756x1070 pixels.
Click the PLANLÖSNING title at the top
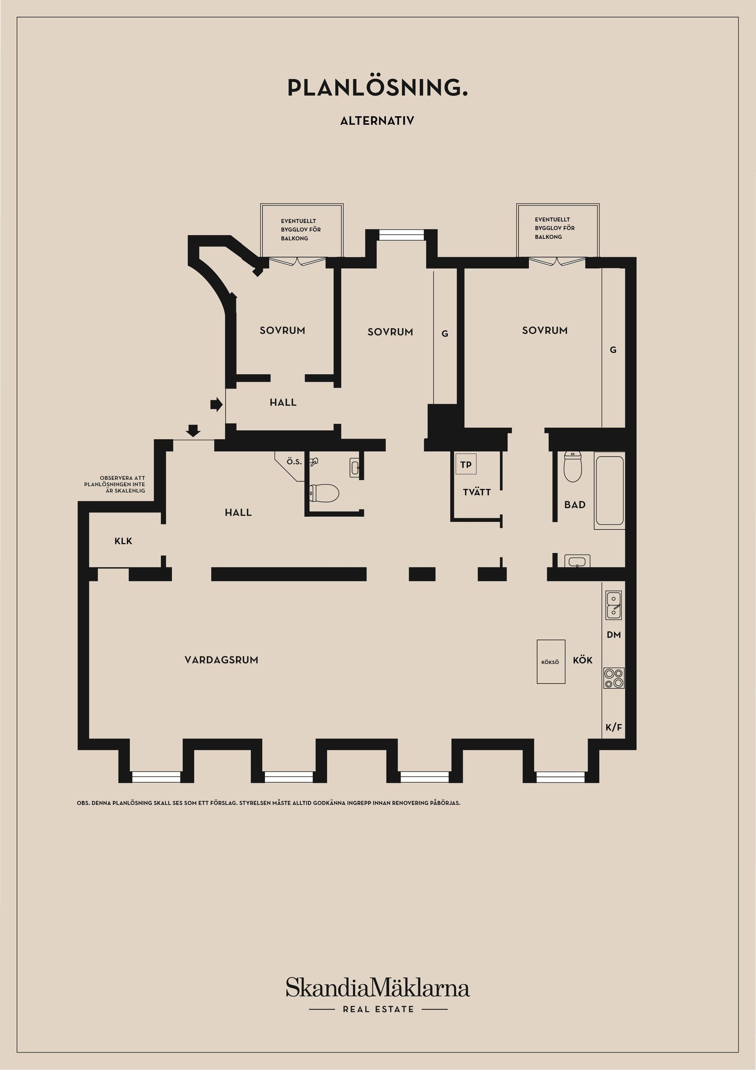[377, 87]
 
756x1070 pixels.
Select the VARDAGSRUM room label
[221, 660]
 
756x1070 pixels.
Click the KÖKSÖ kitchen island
[550, 662]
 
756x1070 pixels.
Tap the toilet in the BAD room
[573, 466]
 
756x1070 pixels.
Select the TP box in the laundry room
[466, 464]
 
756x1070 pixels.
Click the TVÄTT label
[476, 492]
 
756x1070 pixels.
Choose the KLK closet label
[123, 541]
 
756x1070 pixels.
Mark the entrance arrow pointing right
[217, 404]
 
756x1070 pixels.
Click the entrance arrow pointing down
[193, 431]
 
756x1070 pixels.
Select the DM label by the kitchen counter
[614, 635]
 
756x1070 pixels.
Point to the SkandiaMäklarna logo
[378, 988]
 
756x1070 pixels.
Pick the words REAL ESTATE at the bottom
[378, 1009]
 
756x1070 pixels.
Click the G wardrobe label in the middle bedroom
[445, 334]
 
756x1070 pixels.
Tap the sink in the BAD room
[577, 561]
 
